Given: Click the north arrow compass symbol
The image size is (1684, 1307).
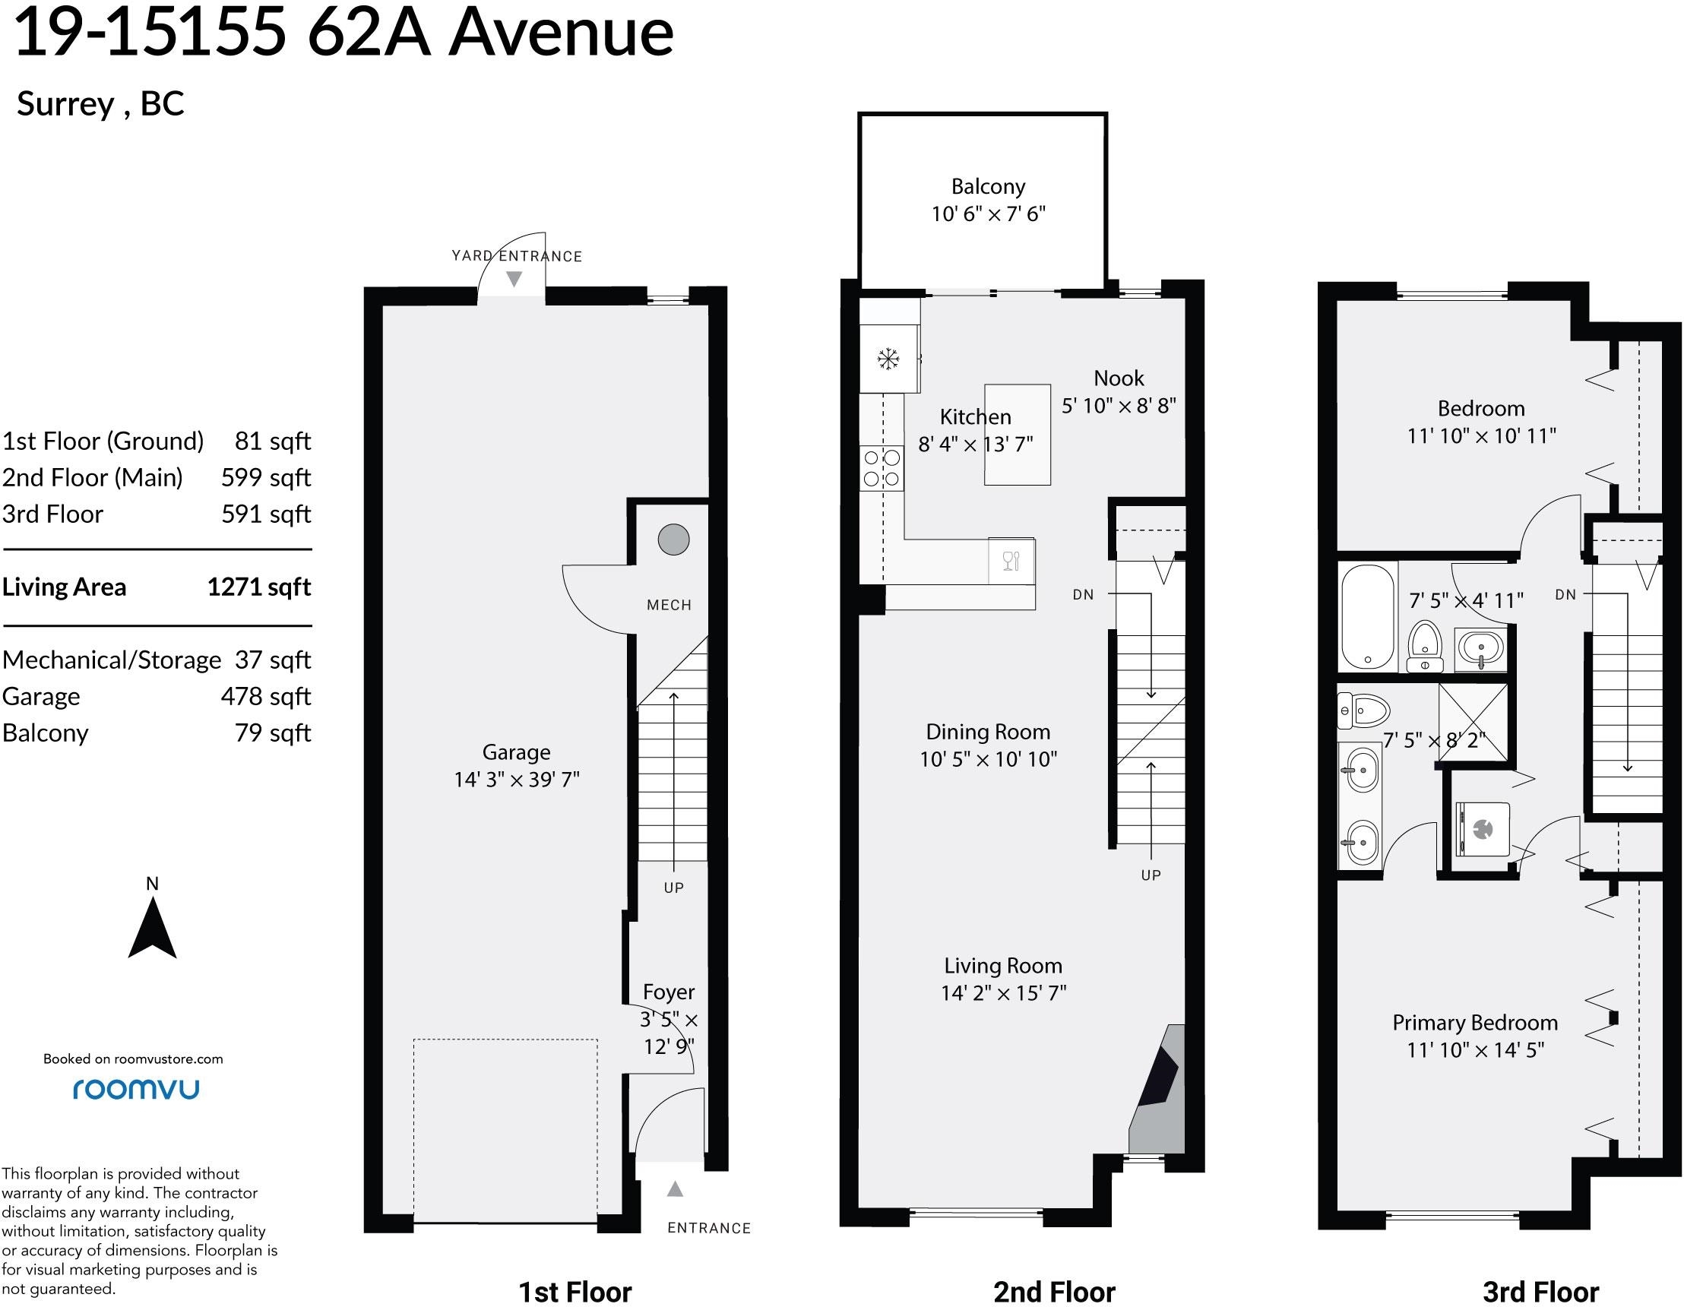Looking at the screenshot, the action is coord(153,929).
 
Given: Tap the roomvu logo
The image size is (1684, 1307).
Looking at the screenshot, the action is coord(136,1089).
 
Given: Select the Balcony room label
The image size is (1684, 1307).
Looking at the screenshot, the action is coord(988,187).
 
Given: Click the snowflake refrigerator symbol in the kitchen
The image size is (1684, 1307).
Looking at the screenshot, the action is coord(888,359).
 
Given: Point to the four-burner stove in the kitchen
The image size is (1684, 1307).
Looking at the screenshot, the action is coord(882,467).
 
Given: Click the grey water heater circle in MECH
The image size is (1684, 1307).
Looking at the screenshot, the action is coord(673,539).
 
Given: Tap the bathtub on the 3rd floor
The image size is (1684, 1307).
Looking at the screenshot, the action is coord(1368,616).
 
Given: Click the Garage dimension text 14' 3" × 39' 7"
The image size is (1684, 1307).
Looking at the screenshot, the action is coord(516,780).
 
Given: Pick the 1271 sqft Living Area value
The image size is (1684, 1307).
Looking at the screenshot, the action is coord(259,587).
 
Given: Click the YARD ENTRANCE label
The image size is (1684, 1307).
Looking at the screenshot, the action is coord(517,256).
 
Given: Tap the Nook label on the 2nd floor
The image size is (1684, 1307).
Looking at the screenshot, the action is coord(1119,378).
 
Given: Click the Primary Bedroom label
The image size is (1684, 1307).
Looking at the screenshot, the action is coord(1475,1023).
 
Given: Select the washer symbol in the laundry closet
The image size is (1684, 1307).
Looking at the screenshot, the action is coord(1482,830).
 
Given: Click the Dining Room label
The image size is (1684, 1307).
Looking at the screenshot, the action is coord(988,732).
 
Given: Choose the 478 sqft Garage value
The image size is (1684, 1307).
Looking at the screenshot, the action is coord(265,696).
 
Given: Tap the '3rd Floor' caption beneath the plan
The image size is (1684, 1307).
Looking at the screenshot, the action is coord(1540,1292).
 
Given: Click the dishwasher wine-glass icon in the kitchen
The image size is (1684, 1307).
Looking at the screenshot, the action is coord(1011,561).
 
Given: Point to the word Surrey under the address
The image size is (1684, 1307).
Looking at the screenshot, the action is coord(65,104).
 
